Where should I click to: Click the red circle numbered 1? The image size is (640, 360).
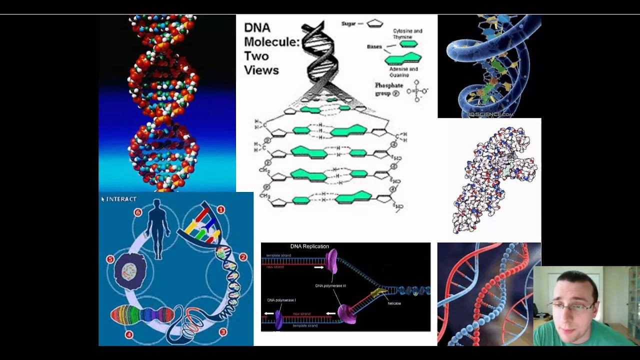[x=220, y=209]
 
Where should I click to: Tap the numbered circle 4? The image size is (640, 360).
[x=128, y=334]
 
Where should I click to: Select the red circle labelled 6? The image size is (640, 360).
[x=137, y=212]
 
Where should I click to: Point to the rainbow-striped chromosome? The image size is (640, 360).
[x=142, y=315]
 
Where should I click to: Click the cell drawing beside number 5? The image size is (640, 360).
[x=130, y=271]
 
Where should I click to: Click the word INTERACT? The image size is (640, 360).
[x=121, y=199]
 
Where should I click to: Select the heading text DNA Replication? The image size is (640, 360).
[x=309, y=246]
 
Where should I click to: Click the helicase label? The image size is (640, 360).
[x=394, y=303]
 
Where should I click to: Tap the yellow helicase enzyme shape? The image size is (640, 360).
[x=378, y=292]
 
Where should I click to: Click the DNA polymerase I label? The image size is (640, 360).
[x=281, y=300]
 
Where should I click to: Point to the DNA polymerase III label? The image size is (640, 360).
[x=330, y=286]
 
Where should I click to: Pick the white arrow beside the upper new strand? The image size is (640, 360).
[x=318, y=267]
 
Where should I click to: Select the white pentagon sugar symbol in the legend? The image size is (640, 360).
[x=374, y=23]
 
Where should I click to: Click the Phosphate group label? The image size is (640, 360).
[x=388, y=89]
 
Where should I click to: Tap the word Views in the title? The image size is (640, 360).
[x=261, y=70]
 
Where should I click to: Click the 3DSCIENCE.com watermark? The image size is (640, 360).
[x=489, y=114]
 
